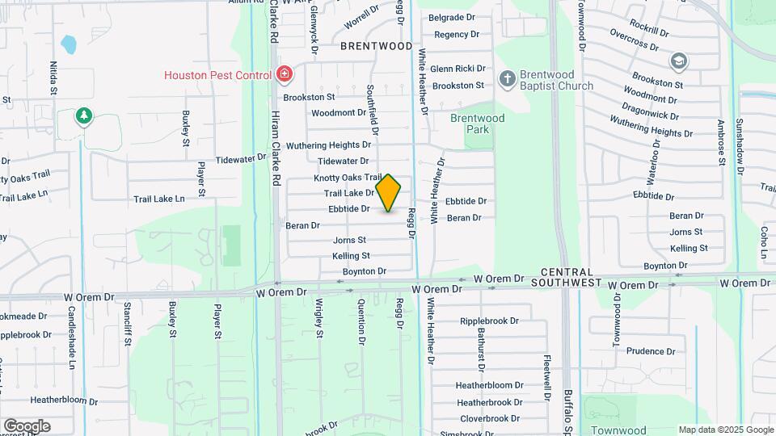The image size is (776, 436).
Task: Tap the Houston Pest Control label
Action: (x=217, y=75)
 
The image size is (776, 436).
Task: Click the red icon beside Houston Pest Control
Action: (x=284, y=75)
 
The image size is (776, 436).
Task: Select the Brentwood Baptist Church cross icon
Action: (x=507, y=78)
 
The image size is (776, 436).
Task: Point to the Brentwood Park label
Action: (x=477, y=124)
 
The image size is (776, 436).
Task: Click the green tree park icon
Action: (x=83, y=118)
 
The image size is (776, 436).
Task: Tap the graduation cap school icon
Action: (x=678, y=61)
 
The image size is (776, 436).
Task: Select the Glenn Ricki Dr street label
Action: (x=458, y=69)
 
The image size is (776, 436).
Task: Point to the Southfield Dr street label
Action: (x=373, y=110)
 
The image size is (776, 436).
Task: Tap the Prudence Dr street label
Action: (x=650, y=351)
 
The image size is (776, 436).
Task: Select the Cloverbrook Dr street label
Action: (x=490, y=418)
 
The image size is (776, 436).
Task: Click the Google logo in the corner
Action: (x=27, y=426)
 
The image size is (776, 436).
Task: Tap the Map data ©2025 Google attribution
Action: (x=726, y=430)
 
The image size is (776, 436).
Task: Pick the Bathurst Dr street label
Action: (x=480, y=348)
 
